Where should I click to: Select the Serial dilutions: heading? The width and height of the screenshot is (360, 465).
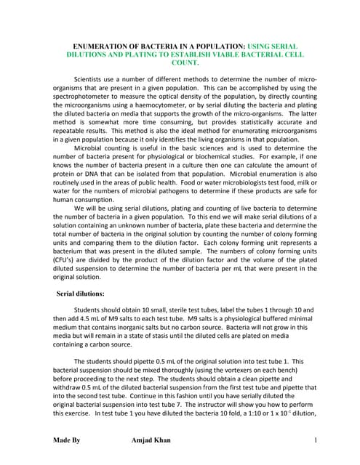[x=84, y=294]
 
